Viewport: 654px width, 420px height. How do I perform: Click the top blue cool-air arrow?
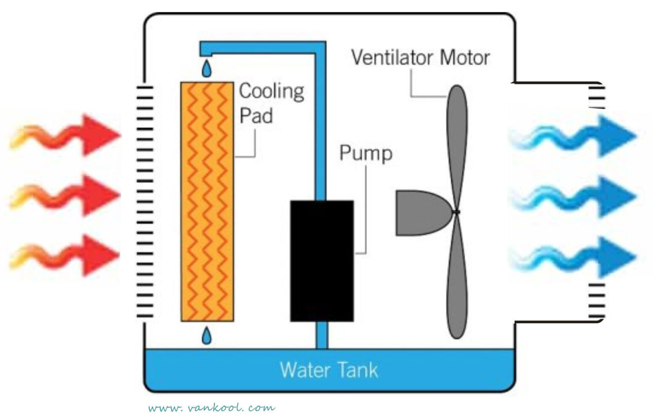point(575,136)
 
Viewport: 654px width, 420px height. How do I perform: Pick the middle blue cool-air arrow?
point(575,197)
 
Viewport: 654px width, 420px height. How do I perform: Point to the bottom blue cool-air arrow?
point(575,257)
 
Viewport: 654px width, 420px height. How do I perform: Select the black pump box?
point(322,261)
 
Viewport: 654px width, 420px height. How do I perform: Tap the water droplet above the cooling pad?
point(207,69)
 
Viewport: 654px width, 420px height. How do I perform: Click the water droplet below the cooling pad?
point(207,336)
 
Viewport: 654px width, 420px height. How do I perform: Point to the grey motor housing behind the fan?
point(419,213)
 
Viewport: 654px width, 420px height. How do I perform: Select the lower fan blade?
point(456,281)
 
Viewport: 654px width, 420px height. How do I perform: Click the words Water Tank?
point(329,370)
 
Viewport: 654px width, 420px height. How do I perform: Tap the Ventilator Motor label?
point(420,58)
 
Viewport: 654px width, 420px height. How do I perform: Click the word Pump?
point(366,153)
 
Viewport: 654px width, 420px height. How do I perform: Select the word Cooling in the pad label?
point(272,91)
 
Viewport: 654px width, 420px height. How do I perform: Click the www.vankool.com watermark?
point(212,408)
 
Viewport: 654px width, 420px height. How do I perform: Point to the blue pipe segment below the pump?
point(322,335)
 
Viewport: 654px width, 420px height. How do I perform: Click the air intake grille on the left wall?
point(145,200)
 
